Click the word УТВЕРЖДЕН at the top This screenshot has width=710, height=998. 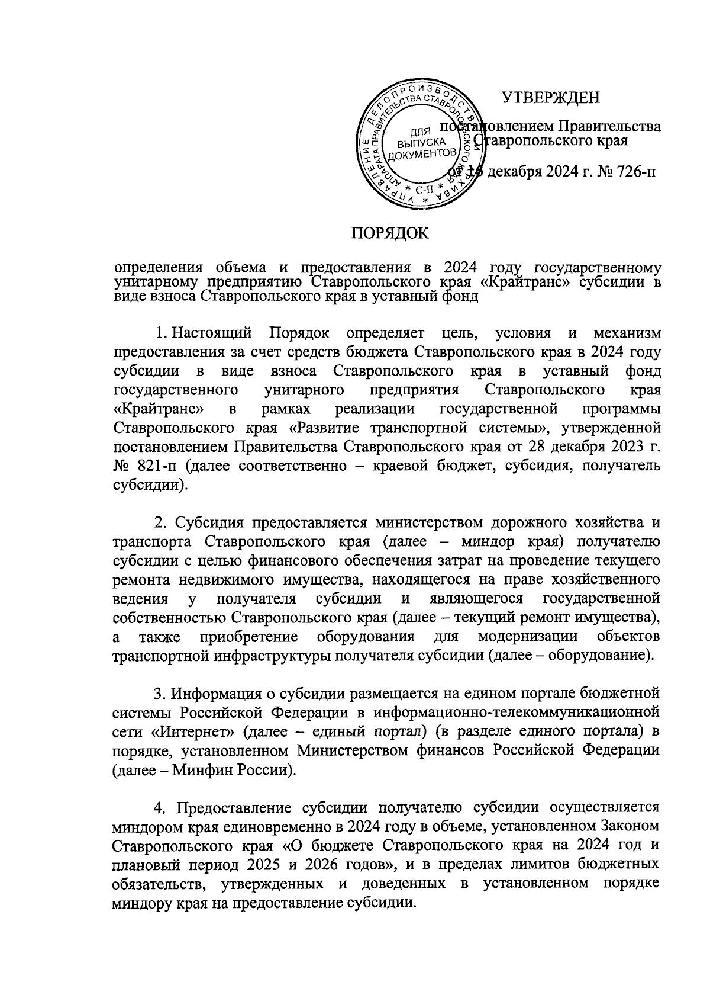tap(551, 97)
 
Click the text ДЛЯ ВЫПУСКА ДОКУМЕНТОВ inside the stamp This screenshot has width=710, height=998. tap(420, 143)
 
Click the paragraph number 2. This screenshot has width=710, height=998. tap(158, 523)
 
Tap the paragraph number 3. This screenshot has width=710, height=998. tap(158, 691)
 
